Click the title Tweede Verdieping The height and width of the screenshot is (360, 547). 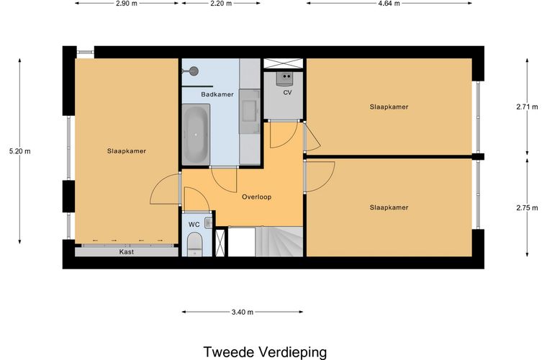[x=265, y=352]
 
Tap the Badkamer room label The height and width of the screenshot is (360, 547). [x=196, y=94]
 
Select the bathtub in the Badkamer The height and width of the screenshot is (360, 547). [x=196, y=134]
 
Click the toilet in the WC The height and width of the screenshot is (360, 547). [x=195, y=247]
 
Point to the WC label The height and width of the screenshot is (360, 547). [x=194, y=225]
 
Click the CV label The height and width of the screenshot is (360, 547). [x=287, y=93]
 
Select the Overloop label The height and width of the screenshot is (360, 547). [x=256, y=197]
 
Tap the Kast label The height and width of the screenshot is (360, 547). [x=127, y=252]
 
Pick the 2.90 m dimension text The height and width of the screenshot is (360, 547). [x=126, y=4]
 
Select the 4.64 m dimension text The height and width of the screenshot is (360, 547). [x=389, y=4]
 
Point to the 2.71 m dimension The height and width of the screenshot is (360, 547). [x=527, y=107]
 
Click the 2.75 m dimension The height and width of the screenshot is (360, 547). [x=527, y=207]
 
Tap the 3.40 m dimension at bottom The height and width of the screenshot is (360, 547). [x=242, y=312]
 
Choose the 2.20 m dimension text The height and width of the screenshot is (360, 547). [x=220, y=4]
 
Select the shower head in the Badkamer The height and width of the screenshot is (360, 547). [x=192, y=71]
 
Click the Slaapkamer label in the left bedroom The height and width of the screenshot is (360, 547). [x=127, y=151]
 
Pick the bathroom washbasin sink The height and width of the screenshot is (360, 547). [x=250, y=108]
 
